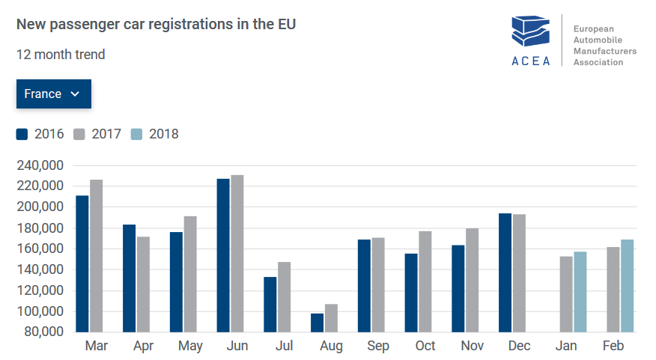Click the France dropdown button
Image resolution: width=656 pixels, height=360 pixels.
[53, 94]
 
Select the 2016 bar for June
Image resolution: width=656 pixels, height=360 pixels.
[223, 255]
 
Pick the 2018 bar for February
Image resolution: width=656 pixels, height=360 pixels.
[628, 285]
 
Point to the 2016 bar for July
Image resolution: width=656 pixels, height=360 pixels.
[270, 304]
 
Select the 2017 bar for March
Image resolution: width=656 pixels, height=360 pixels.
[97, 255]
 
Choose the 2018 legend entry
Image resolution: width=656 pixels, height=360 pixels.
[155, 135]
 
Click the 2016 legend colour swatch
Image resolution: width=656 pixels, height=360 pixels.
[22, 135]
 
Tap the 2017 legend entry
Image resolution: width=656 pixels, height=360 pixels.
[98, 135]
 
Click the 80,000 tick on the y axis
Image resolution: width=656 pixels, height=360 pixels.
[41, 332]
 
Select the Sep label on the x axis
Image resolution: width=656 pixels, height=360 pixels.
[378, 347]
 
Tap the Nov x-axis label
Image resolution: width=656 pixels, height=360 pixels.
[472, 347]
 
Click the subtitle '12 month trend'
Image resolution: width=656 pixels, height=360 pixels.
[61, 55]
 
